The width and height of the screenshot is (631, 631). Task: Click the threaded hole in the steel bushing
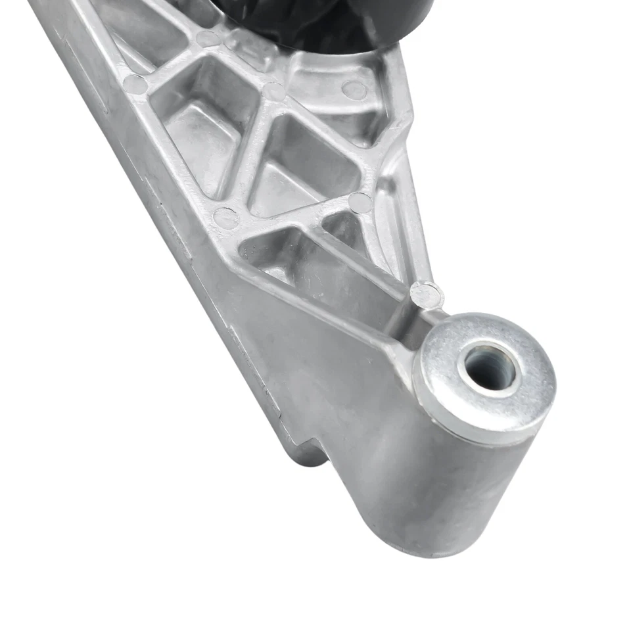point(488,367)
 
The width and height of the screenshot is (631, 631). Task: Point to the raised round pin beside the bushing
point(426,294)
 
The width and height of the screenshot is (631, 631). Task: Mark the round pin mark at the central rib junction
point(275,91)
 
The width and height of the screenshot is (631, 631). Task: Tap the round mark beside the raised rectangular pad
point(208,38)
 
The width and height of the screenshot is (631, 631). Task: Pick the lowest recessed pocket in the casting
point(276,253)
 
